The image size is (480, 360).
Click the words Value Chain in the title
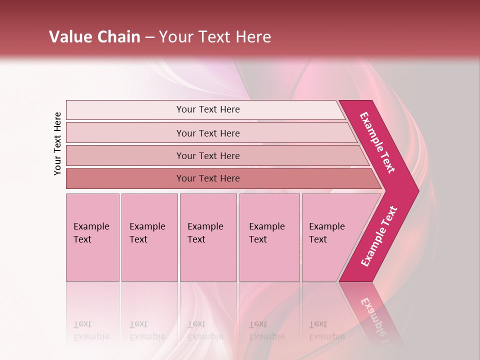94,37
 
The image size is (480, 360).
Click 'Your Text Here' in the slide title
215,37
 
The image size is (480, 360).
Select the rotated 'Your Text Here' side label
57,143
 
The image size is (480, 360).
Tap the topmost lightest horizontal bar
208,109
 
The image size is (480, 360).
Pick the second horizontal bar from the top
208,133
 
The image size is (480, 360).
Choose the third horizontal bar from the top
208,155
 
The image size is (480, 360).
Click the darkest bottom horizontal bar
208,178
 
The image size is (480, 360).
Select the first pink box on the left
92,237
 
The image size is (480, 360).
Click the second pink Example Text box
149,237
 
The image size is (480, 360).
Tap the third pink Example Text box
208,237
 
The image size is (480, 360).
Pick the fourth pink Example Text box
269,237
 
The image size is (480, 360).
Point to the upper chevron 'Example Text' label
377,142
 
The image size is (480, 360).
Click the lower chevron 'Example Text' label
379,236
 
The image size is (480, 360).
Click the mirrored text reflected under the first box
91,330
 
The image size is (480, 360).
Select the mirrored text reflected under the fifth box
326,330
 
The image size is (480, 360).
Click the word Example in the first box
91,226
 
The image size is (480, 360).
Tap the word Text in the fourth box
258,239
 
